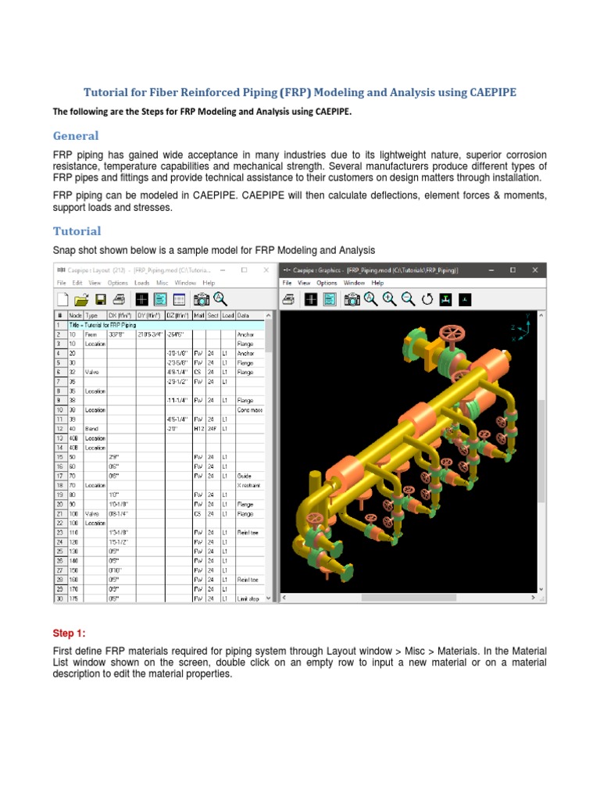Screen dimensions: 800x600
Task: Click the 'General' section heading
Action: click(76, 135)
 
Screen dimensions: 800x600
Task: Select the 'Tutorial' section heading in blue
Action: click(77, 231)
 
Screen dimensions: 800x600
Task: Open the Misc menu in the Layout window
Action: click(162, 283)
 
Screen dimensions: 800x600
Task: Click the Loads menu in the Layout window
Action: click(141, 283)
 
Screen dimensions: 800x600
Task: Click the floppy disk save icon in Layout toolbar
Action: click(100, 299)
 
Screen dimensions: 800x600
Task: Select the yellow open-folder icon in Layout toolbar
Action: click(80, 299)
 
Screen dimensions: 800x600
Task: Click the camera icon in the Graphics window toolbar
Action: click(352, 299)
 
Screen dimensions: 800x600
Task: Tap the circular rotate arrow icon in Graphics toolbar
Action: click(427, 299)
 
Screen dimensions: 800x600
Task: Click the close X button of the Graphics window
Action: click(534, 270)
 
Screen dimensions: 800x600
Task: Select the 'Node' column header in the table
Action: click(75, 316)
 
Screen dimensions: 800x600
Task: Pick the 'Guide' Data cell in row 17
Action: click(244, 474)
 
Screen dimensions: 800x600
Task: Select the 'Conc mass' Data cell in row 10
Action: click(249, 409)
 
